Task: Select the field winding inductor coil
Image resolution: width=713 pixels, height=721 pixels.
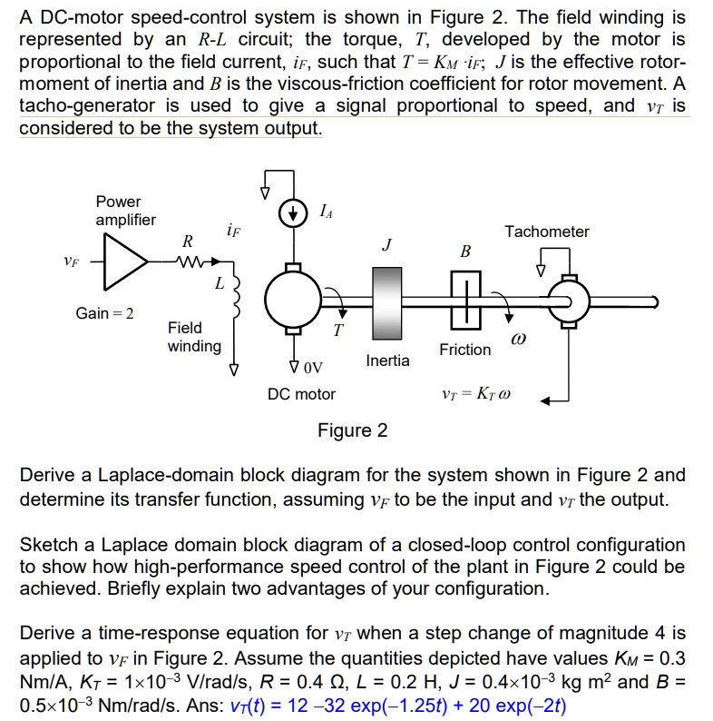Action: (x=238, y=296)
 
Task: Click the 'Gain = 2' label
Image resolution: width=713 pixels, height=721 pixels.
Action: (x=104, y=313)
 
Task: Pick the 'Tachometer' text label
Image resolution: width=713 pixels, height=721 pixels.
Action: (x=547, y=232)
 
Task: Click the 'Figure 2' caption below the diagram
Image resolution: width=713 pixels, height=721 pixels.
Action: (x=352, y=430)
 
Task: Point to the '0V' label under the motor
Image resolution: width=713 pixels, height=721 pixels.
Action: (x=310, y=368)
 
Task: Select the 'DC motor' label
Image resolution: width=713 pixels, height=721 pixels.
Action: (x=301, y=394)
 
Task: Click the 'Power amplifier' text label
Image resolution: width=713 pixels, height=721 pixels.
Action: (x=125, y=211)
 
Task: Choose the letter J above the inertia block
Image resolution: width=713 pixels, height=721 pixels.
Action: (x=386, y=244)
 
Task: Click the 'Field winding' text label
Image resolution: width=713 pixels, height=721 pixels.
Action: (x=194, y=336)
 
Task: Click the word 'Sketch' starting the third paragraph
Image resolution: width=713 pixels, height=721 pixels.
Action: (x=48, y=544)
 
